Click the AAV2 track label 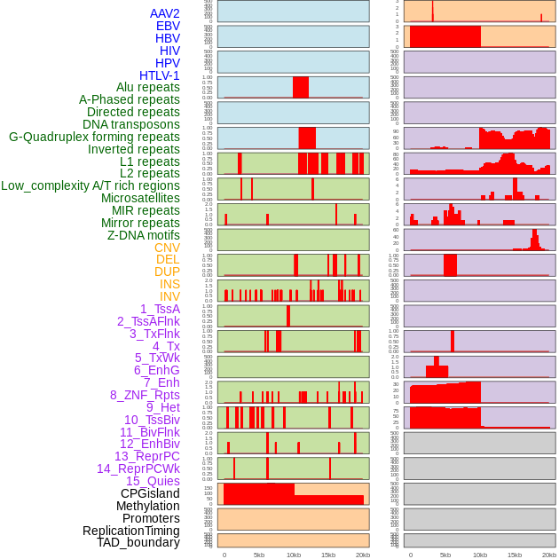pyautogui.click(x=165, y=13)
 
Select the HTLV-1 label pyautogui.click(x=160, y=75)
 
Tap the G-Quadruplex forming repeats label pyautogui.click(x=94, y=137)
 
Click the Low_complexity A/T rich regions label pyautogui.click(x=91, y=185)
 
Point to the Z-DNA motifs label pyautogui.click(x=144, y=235)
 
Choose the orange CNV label pyautogui.click(x=167, y=248)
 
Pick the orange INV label pyautogui.click(x=169, y=296)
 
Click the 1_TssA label pyautogui.click(x=160, y=309)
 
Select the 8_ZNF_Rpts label pyautogui.click(x=145, y=395)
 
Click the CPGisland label pyautogui.click(x=150, y=493)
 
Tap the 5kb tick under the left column pyautogui.click(x=259, y=555)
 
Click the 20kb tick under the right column pyautogui.click(x=549, y=555)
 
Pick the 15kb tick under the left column pyautogui.click(x=328, y=555)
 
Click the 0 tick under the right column pyautogui.click(x=410, y=555)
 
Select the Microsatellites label pyautogui.click(x=140, y=198)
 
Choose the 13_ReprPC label pyautogui.click(x=146, y=456)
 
